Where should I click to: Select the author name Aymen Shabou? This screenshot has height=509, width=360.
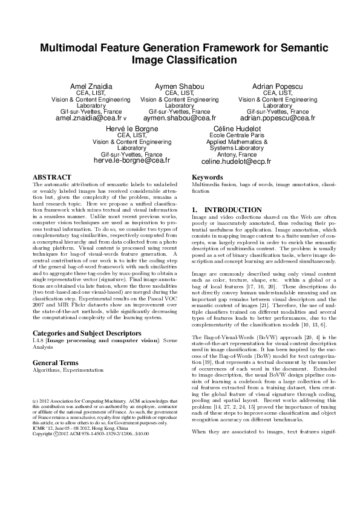(180, 87)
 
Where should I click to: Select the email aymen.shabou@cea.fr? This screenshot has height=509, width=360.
(180, 118)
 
